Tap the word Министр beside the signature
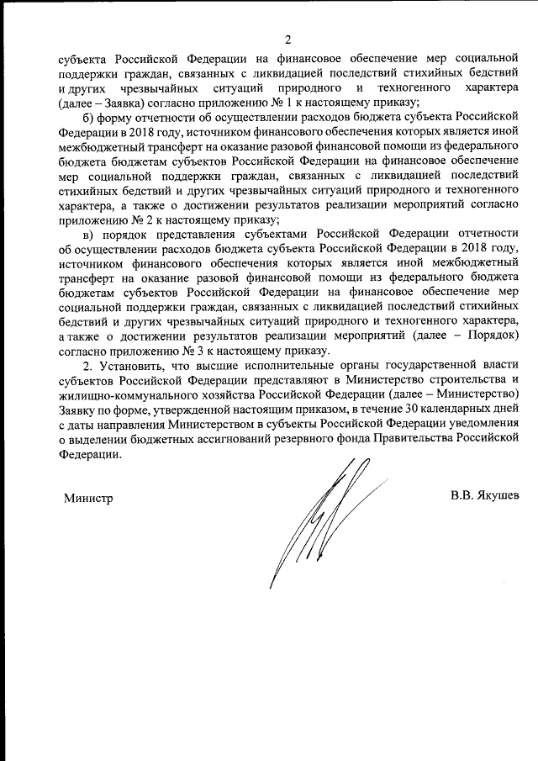pyautogui.click(x=88, y=497)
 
